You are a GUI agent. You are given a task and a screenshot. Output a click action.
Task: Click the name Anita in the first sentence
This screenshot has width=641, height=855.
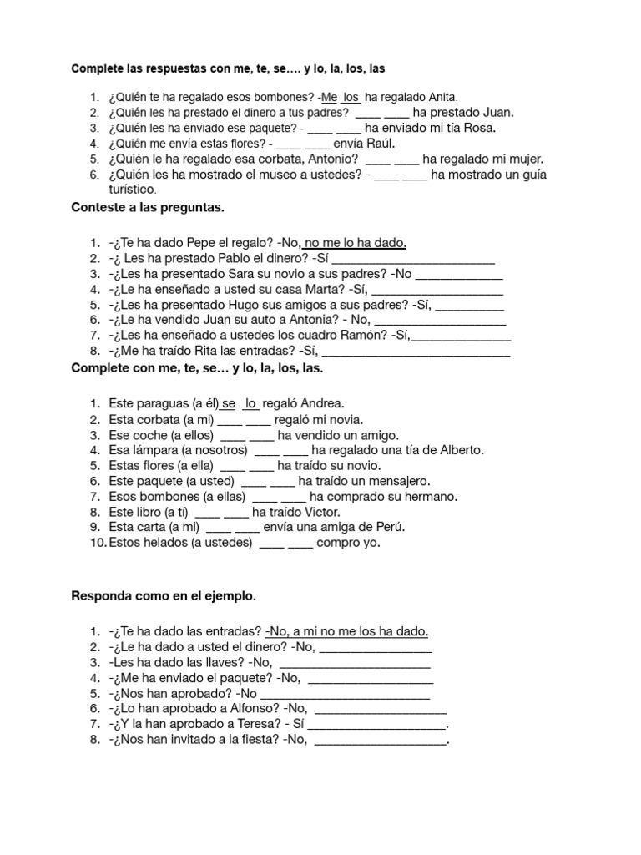(x=442, y=97)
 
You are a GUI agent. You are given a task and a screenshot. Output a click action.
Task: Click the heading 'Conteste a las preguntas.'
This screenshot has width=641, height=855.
(x=149, y=205)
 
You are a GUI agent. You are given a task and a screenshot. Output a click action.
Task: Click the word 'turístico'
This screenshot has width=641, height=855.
(x=134, y=190)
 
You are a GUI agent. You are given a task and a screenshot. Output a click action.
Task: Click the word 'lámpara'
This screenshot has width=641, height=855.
(x=162, y=450)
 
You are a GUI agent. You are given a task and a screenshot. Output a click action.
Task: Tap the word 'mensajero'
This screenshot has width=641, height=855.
(x=402, y=481)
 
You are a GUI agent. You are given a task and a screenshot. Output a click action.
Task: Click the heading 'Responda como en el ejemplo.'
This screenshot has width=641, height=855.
(x=164, y=597)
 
